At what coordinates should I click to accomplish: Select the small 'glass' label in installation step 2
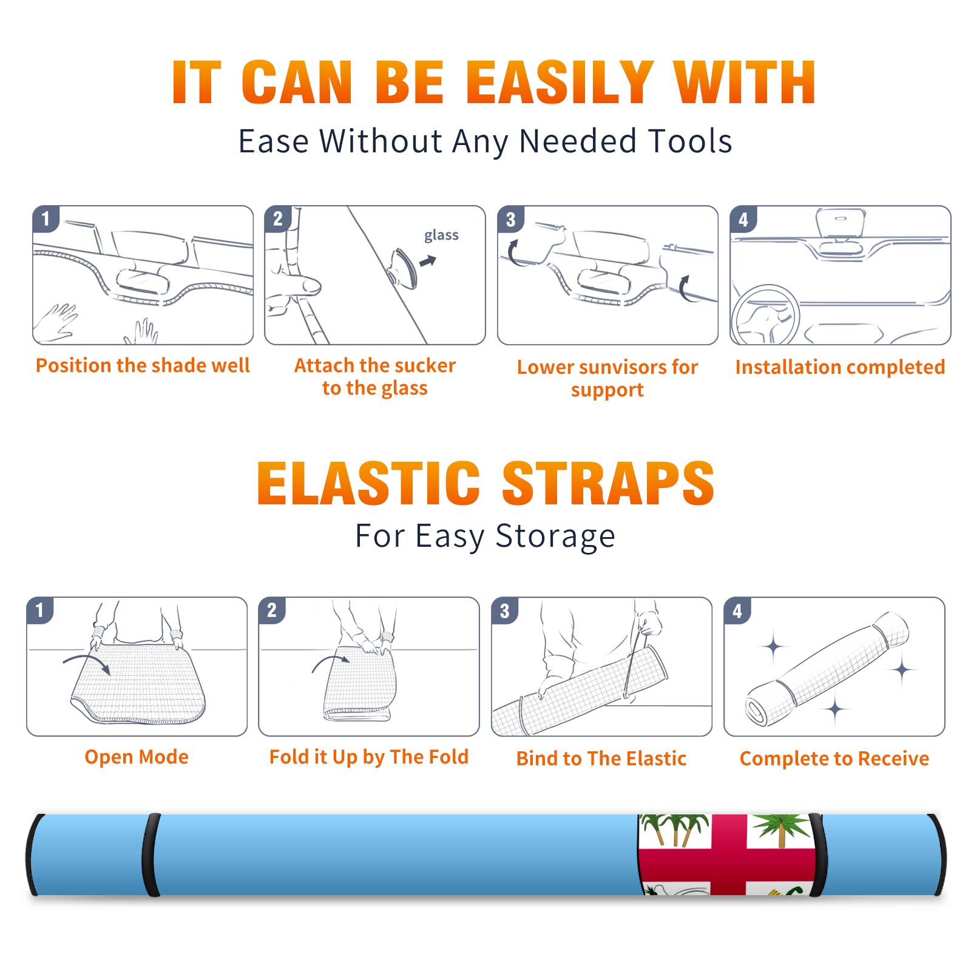(441, 235)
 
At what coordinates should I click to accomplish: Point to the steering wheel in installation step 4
(765, 315)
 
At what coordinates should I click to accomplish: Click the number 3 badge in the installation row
(510, 219)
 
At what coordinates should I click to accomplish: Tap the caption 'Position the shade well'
(143, 365)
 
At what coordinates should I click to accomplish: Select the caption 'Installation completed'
(840, 367)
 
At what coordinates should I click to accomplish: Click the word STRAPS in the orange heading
(608, 483)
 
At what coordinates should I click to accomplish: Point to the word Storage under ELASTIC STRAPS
(555, 536)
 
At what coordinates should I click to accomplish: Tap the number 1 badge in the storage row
(40, 610)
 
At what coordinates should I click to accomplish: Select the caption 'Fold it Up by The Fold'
(369, 757)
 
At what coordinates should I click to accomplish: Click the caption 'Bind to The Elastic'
(601, 759)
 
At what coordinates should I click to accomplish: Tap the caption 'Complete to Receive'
(834, 759)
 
